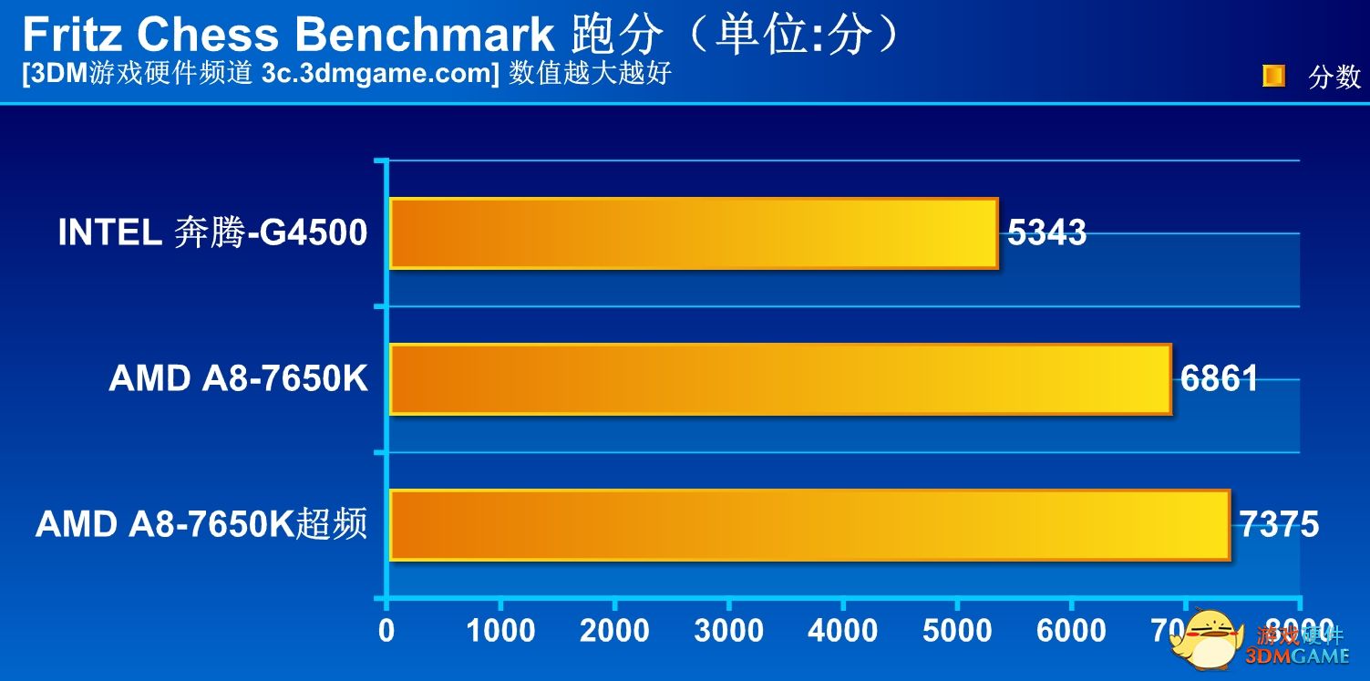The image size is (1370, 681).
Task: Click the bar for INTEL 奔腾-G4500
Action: pos(693,233)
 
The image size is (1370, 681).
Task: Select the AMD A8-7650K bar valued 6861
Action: pos(779,379)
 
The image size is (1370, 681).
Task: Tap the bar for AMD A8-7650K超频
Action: pos(809,525)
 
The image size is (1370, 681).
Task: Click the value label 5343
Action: pos(1047,233)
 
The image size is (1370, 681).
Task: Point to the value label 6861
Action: pos(1220,378)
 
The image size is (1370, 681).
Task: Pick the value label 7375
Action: pos(1279,524)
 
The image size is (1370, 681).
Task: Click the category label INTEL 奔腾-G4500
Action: pos(212,233)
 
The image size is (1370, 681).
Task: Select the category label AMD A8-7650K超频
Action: pos(201,524)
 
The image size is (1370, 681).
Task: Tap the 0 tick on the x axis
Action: pos(387,630)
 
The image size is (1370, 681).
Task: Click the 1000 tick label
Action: pos(500,630)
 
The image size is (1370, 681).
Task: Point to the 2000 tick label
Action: pos(614,630)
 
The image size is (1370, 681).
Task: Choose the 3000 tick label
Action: pos(728,630)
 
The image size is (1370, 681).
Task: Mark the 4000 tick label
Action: pos(842,630)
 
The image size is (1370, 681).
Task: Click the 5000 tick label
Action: pos(956,630)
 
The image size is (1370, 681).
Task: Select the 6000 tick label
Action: pos(1070,630)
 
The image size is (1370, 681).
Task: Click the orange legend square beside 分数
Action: pos(1273,76)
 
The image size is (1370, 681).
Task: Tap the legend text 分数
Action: pos(1334,77)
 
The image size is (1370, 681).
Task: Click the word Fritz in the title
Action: pos(72,35)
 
